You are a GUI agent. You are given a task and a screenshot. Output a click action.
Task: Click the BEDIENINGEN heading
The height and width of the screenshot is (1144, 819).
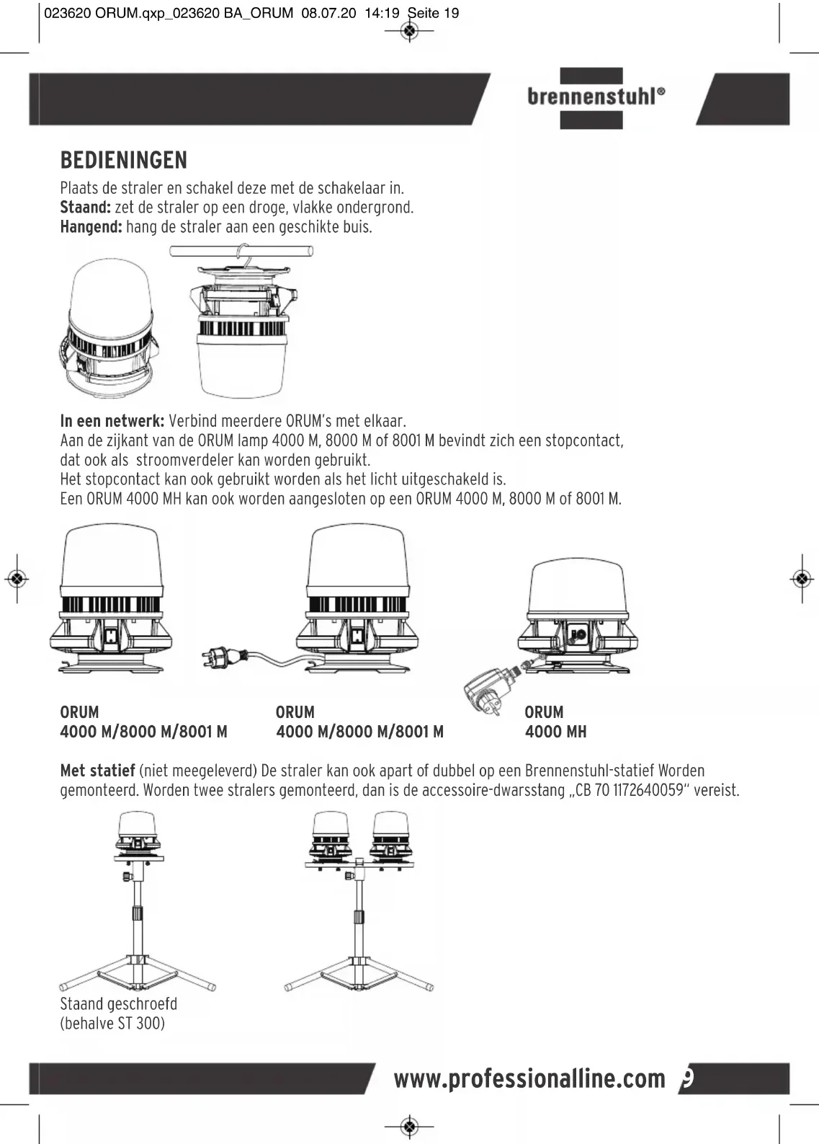pyautogui.click(x=123, y=160)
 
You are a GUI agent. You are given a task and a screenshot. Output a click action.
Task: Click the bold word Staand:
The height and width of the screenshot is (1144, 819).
pyautogui.click(x=85, y=208)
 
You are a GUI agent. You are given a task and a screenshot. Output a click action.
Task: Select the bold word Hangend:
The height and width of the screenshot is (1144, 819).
pyautogui.click(x=91, y=227)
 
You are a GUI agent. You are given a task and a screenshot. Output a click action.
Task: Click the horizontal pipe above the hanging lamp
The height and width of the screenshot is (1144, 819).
pyautogui.click(x=241, y=251)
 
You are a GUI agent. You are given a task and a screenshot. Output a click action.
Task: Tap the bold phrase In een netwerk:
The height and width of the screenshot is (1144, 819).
pyautogui.click(x=112, y=421)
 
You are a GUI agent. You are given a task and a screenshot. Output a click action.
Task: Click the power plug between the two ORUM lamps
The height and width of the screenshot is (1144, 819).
pyautogui.click(x=222, y=657)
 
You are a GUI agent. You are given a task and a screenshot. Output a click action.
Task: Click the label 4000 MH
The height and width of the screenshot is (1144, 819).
pyautogui.click(x=555, y=732)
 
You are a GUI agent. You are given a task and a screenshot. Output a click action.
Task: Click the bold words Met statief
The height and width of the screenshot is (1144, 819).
pyautogui.click(x=98, y=771)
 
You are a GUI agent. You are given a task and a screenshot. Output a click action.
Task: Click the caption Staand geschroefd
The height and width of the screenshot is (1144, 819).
pyautogui.click(x=118, y=1004)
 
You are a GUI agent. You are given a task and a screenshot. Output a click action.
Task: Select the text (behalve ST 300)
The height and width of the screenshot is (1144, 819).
pyautogui.click(x=112, y=1024)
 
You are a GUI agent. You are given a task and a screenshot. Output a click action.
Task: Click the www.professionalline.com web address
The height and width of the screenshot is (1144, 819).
pyautogui.click(x=529, y=1079)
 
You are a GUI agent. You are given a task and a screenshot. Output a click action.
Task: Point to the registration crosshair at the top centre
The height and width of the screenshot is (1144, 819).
pyautogui.click(x=410, y=31)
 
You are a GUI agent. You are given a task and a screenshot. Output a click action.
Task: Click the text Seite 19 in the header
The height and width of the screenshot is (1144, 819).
pyautogui.click(x=433, y=13)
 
